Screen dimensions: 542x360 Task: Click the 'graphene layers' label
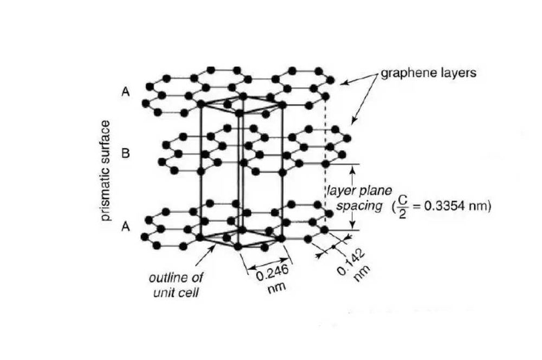pos(428,73)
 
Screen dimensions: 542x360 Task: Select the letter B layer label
pos(125,153)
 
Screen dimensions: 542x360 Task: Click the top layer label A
pos(125,92)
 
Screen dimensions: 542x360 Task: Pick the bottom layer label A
pos(125,227)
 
